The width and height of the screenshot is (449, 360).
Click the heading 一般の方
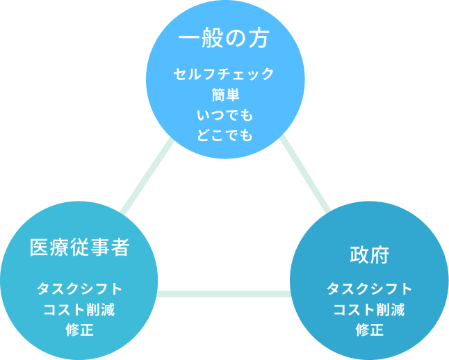click(224, 40)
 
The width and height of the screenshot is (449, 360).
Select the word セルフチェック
click(224, 74)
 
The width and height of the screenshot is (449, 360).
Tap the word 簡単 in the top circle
click(224, 95)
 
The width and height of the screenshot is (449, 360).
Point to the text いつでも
click(224, 115)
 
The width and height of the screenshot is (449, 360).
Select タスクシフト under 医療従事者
click(79, 288)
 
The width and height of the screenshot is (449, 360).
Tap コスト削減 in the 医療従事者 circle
click(79, 309)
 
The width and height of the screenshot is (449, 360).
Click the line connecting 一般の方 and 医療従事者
click(147, 177)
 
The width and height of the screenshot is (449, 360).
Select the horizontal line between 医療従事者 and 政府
click(224, 294)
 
